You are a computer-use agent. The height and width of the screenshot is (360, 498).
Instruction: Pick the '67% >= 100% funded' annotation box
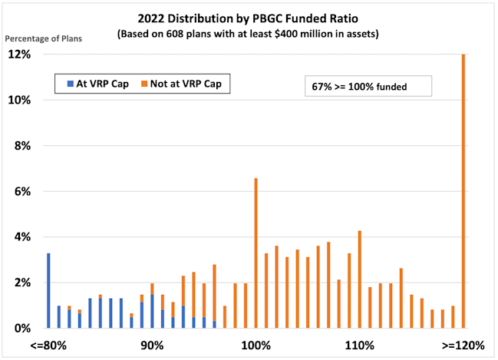367,87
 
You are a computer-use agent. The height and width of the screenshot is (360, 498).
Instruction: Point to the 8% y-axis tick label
21,146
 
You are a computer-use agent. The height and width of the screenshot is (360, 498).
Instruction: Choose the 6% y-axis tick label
21,191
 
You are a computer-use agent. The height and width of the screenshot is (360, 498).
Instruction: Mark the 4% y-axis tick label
21,237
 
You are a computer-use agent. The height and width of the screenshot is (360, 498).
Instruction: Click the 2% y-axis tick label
21,282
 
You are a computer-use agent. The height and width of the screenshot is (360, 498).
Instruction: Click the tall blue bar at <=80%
48,290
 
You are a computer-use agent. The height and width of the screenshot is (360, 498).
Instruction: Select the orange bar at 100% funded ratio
256,253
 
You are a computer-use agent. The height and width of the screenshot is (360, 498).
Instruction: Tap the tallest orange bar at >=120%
463,192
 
